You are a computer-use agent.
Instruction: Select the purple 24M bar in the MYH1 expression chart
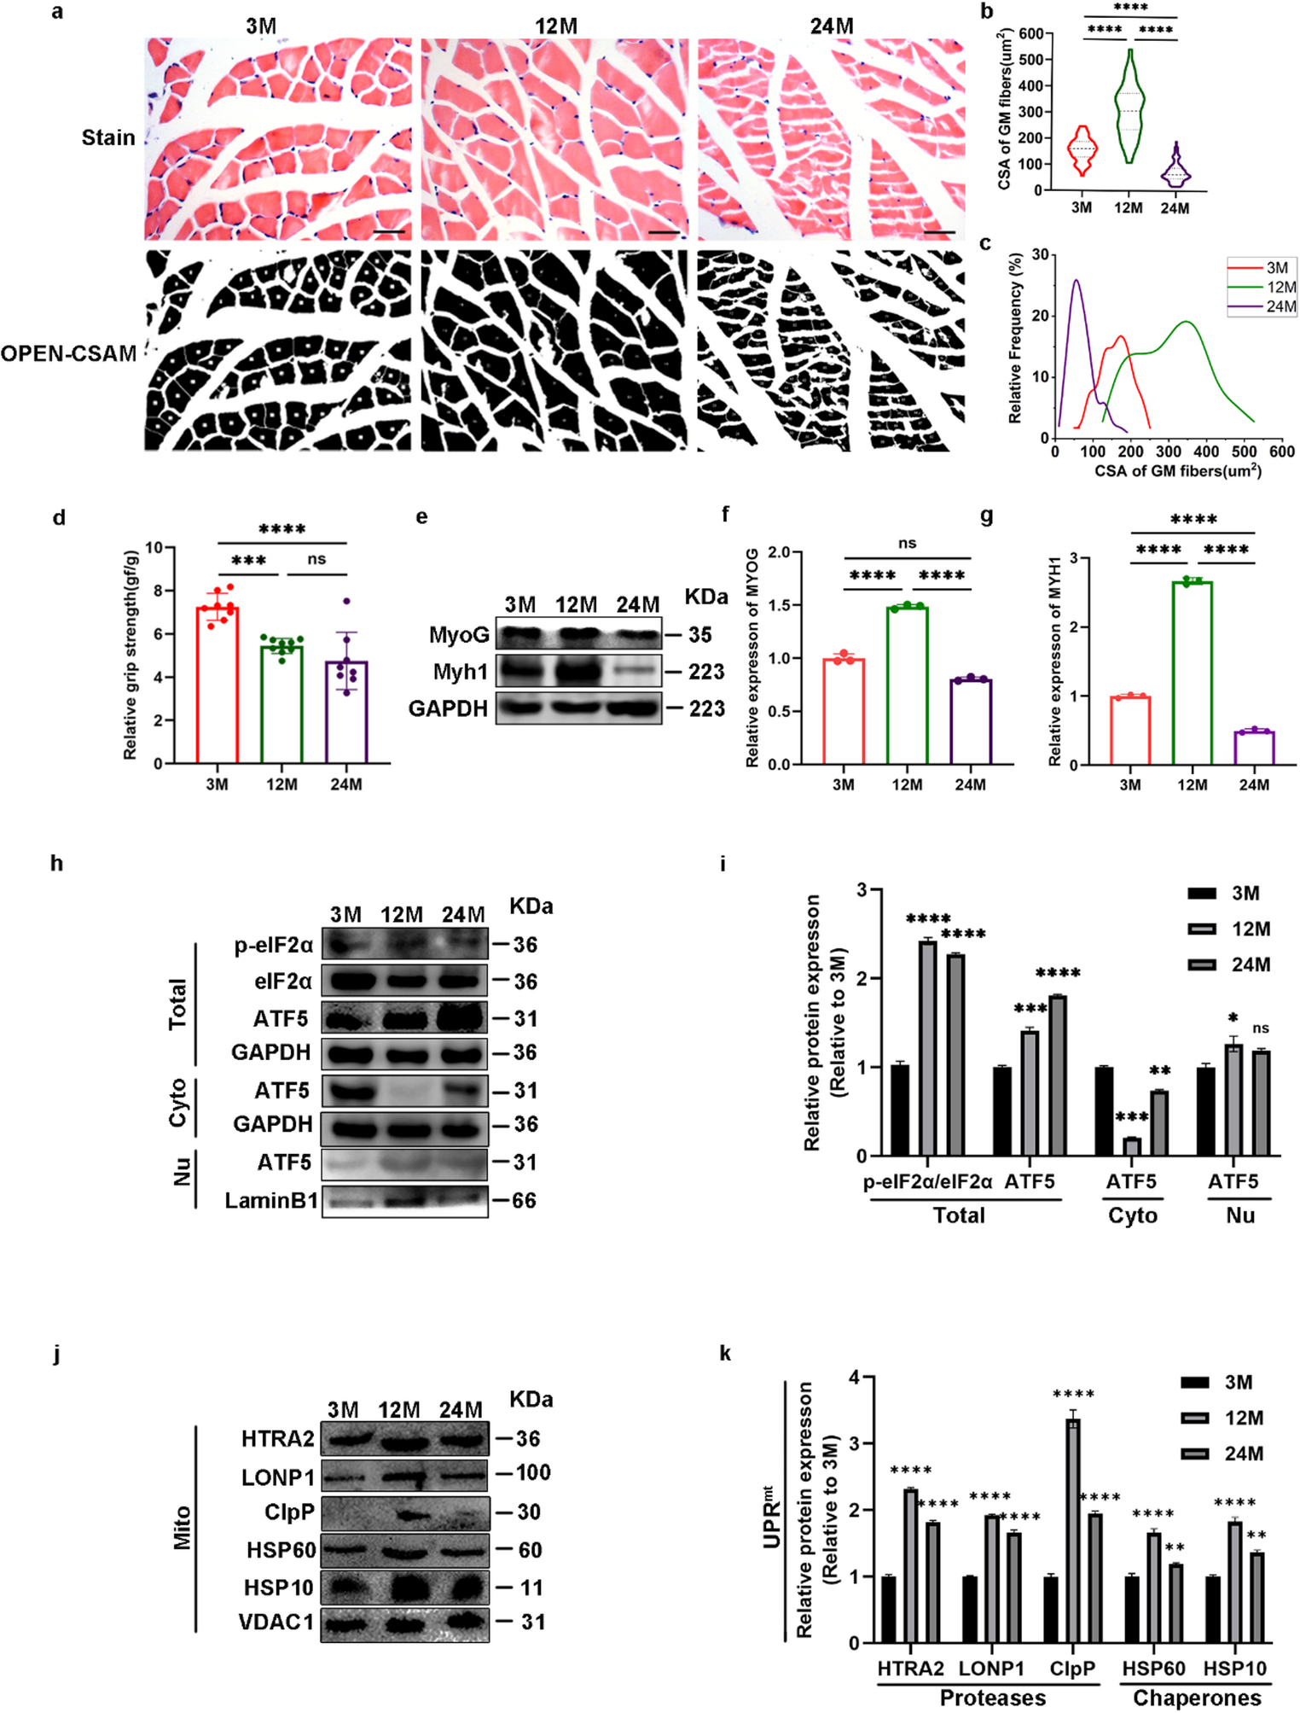tap(1254, 748)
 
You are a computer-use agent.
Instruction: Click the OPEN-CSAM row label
tap(68, 353)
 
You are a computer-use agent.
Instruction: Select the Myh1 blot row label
tap(461, 672)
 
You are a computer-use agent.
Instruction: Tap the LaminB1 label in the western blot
tap(271, 1201)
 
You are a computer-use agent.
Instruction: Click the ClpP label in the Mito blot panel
tap(289, 1512)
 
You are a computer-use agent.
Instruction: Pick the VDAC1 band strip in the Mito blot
tap(405, 1622)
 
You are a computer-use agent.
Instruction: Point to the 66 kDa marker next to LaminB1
tap(524, 1201)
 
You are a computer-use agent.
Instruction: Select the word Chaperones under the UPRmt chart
tap(1197, 1698)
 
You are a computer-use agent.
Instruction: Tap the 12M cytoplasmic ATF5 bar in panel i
tap(1132, 1146)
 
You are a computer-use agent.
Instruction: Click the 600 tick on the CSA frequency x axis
tap(1282, 452)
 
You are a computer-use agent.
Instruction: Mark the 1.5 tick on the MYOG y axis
tap(779, 605)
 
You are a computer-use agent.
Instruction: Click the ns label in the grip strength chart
tap(316, 559)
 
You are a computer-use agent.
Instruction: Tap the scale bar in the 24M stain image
tap(939, 231)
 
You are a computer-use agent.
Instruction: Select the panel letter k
tap(725, 1354)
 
